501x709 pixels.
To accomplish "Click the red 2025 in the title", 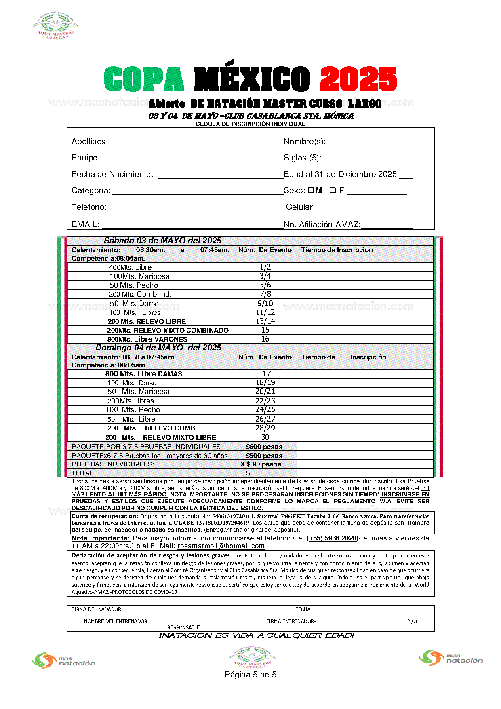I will [358, 79].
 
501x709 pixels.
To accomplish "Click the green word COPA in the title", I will [144, 79].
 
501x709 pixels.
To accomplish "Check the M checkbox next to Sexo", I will [312, 190].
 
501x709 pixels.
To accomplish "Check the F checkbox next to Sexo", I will [333, 190].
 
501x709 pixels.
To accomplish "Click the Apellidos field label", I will [89, 141].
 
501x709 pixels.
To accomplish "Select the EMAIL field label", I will [85, 224].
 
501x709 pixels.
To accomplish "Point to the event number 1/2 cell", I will [265, 267].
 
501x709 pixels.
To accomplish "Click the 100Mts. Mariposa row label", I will [139, 276].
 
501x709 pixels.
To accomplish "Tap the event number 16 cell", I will [265, 339].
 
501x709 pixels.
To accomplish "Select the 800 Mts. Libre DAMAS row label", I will [144, 374].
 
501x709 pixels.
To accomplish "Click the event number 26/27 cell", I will [265, 419].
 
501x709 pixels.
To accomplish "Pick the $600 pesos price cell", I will [264, 447].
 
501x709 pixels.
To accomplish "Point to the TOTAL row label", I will [82, 473].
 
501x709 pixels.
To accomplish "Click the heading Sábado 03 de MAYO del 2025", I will [162, 241].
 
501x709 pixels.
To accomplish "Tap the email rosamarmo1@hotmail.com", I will [221, 546].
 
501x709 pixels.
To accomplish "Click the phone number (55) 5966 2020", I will [333, 538].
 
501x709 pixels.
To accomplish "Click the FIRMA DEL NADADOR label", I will [97, 609].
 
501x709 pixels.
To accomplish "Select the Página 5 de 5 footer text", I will [250, 675].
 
